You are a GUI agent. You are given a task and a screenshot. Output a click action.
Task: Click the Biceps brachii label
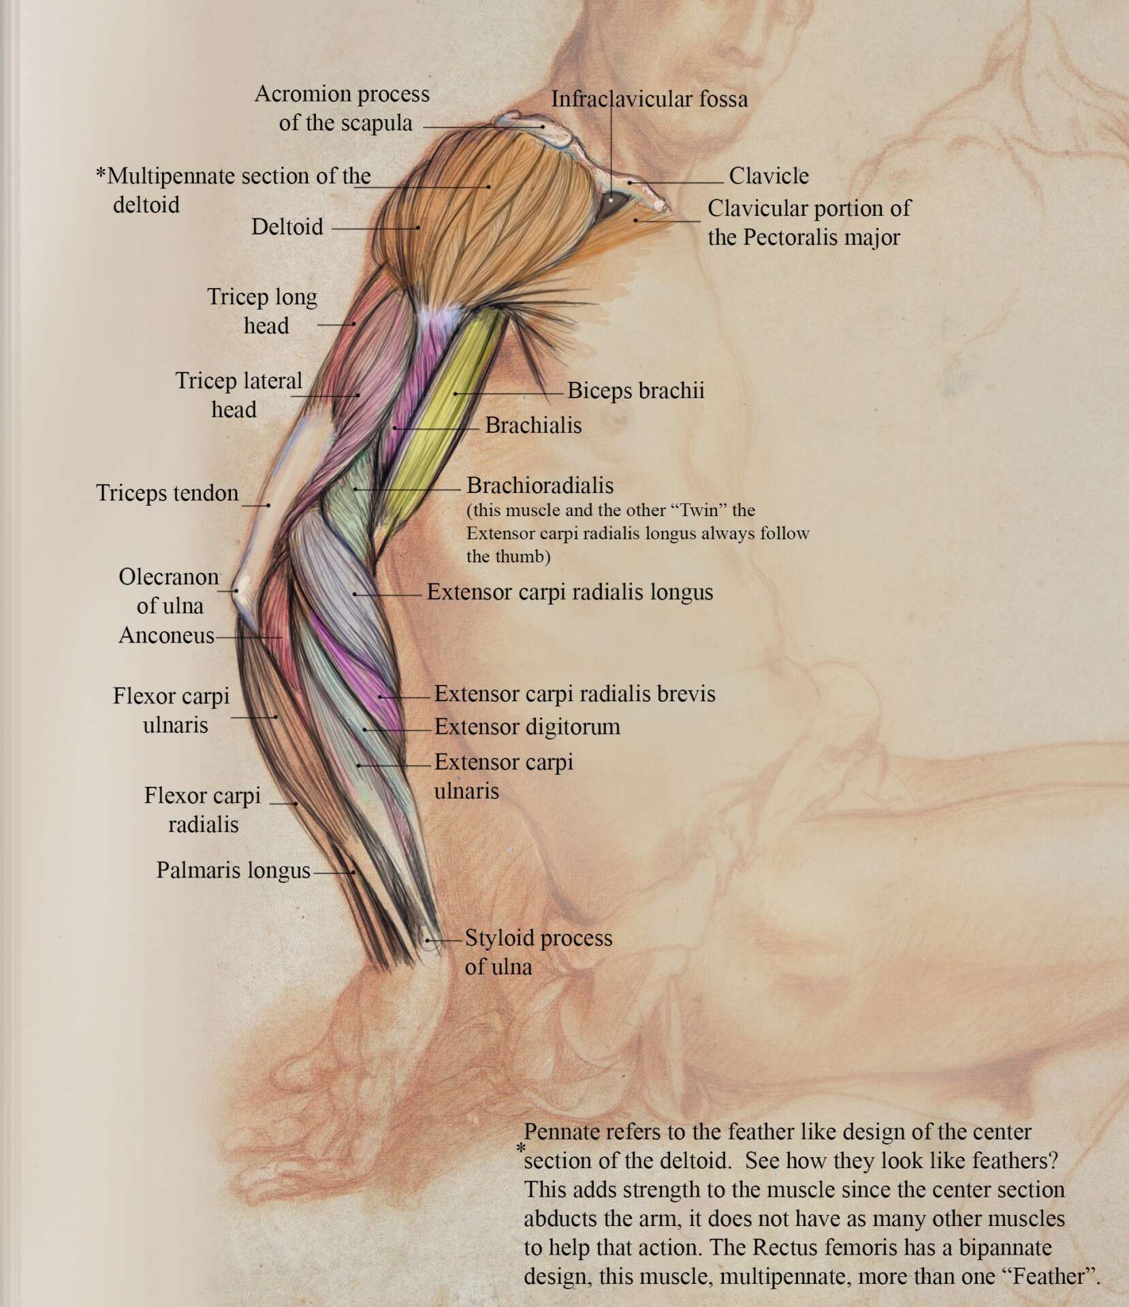coord(635,391)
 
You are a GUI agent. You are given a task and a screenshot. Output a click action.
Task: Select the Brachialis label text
coord(533,425)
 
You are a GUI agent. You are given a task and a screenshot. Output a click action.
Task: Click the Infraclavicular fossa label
coord(649,99)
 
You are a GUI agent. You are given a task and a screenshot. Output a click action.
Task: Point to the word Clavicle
coord(769,176)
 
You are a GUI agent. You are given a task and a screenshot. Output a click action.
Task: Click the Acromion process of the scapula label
coord(343,108)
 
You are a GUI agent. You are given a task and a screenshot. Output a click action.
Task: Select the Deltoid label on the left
coord(287,227)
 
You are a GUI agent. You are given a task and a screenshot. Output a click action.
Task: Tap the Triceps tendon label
coord(167,493)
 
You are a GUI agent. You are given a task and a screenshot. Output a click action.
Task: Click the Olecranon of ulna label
coord(169,591)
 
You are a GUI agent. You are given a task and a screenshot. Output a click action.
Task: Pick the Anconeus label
coord(166,635)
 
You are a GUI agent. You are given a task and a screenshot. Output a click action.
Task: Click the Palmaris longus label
coord(233,870)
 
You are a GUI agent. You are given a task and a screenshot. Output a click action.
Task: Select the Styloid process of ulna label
coord(538,952)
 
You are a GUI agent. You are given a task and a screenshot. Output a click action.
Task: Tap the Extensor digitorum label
coord(527,727)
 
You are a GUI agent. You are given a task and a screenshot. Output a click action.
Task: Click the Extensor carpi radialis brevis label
coord(575,694)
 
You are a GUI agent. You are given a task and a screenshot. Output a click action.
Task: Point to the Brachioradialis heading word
coord(540,485)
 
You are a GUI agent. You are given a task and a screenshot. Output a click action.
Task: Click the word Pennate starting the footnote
coord(560,1132)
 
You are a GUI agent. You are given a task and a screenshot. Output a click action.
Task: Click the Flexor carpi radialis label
coord(203,810)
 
